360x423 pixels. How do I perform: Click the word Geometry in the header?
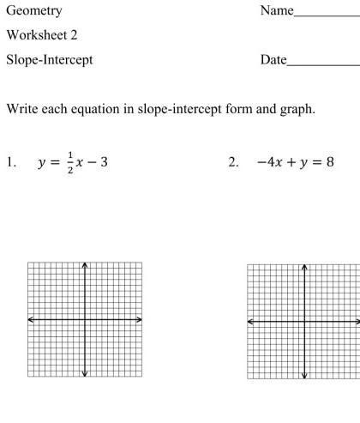33,11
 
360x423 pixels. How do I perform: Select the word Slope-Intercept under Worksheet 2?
49,60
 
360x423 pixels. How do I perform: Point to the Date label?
273,60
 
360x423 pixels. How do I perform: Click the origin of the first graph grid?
85,319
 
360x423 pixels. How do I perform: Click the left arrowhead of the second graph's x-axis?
250,322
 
